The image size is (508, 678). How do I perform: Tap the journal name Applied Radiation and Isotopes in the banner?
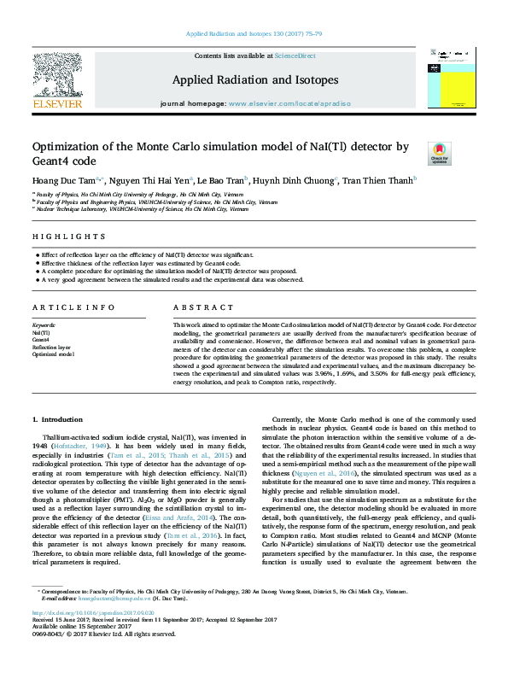tap(255, 80)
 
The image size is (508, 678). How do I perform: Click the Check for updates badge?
tap(438, 153)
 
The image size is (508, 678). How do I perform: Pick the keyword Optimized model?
tap(52, 354)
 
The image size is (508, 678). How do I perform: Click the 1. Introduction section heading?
tap(58, 420)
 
